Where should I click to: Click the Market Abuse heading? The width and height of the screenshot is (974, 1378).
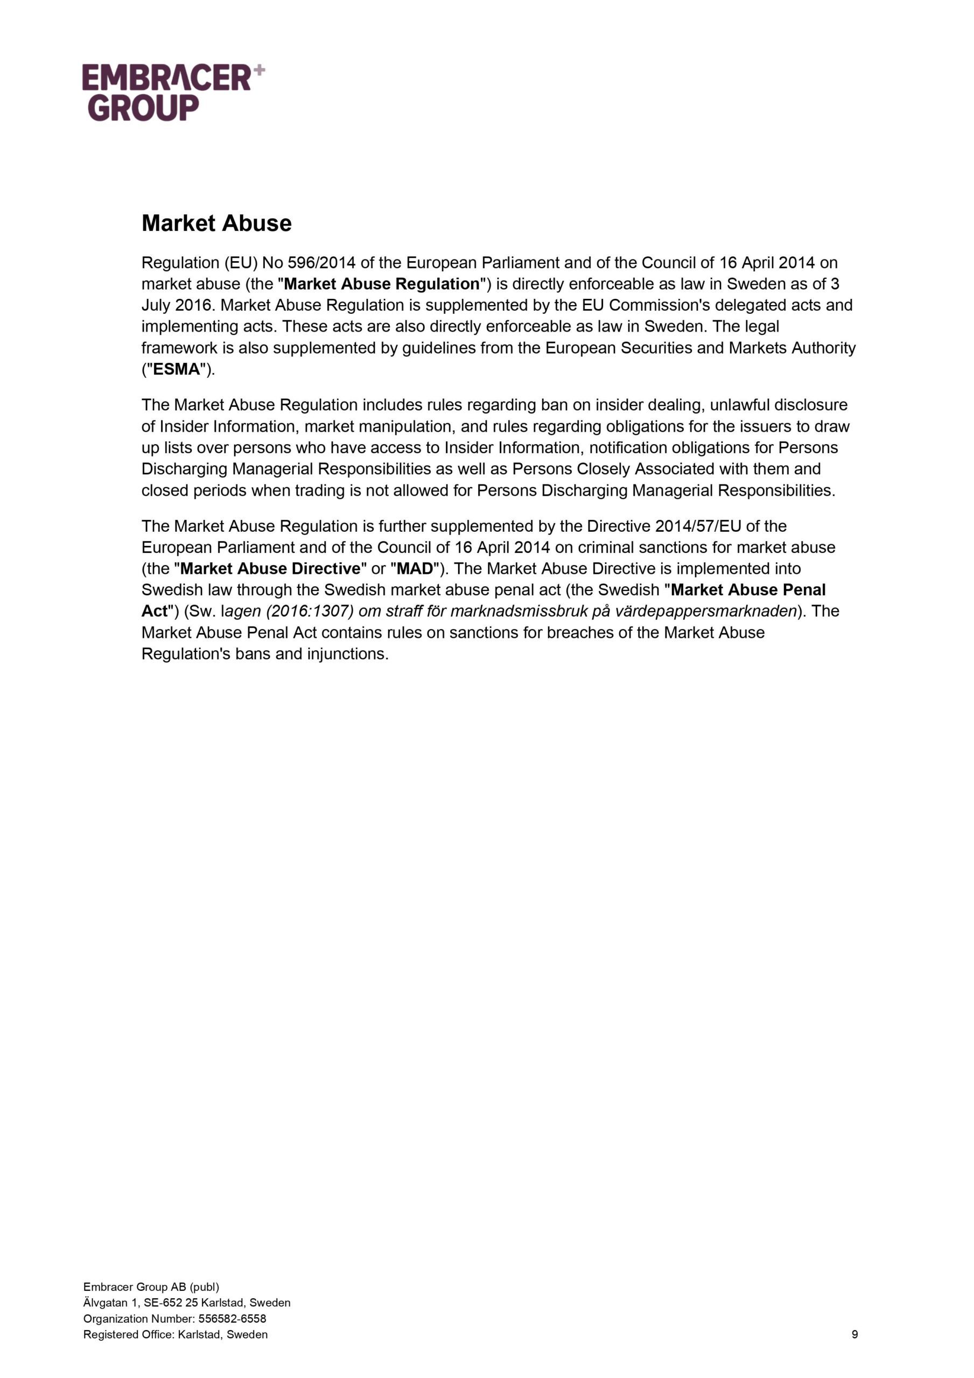point(216,223)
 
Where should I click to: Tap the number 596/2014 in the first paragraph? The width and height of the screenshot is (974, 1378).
point(321,263)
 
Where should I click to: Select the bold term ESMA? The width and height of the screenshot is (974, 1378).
point(176,370)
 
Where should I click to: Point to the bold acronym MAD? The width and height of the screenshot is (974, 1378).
point(415,568)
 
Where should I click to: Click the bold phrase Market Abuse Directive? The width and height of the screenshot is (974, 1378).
point(270,568)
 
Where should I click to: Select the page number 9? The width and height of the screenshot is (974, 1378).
point(854,1334)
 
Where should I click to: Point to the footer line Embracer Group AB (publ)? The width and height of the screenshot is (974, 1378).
point(151,1287)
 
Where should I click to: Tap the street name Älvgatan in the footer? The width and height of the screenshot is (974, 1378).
point(104,1303)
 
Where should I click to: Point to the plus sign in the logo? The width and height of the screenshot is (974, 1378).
point(259,70)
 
